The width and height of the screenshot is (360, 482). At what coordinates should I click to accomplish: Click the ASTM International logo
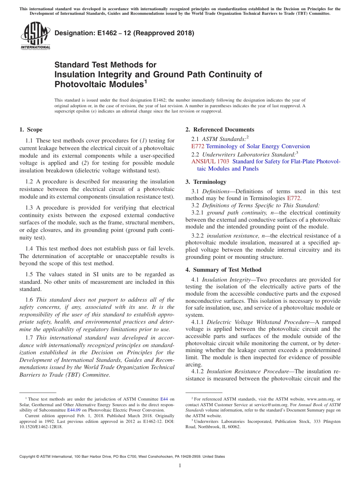coord(35,36)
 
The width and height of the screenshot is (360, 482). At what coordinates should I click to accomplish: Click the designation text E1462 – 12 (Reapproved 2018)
coord(124,33)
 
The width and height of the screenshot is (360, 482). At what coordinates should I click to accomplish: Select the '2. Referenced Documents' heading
coord(220,130)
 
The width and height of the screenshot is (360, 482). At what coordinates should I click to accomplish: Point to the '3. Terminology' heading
coord(210,182)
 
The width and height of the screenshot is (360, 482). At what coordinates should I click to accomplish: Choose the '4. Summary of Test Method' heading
coord(223,270)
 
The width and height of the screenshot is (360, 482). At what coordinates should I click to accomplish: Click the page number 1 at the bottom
coord(180,466)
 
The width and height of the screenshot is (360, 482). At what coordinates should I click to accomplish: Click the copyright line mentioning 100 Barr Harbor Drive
coord(122,457)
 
